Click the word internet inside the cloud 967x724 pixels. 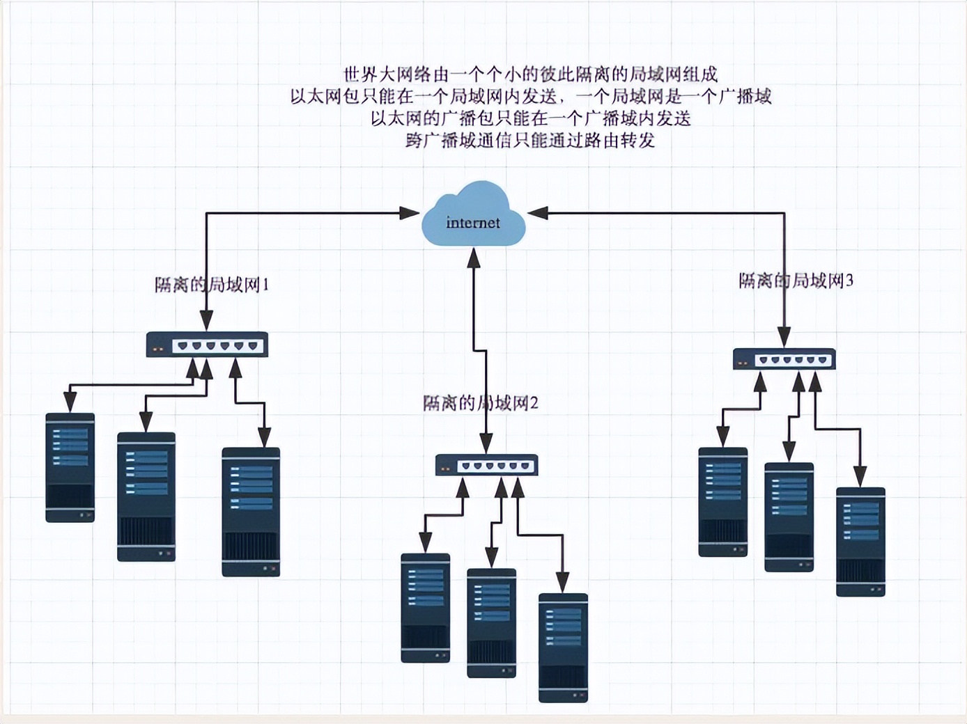(473, 223)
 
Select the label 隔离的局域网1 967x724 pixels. (212, 285)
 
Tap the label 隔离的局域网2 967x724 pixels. (481, 403)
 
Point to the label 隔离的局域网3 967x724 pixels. (796, 281)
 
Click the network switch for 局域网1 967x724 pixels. (207, 345)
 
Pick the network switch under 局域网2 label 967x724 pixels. (486, 465)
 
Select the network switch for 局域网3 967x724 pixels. (784, 359)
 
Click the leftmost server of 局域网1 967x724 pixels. (70, 467)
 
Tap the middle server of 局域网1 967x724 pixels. (146, 496)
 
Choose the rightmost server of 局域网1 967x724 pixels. (251, 512)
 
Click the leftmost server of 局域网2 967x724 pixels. (426, 608)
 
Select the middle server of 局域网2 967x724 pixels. (492, 623)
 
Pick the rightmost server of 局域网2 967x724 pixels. (563, 647)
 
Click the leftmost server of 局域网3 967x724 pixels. (723, 502)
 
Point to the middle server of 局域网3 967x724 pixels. (789, 517)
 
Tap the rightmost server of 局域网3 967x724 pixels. (860, 542)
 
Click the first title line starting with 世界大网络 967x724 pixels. (531, 74)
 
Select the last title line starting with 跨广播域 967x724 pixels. (530, 141)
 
